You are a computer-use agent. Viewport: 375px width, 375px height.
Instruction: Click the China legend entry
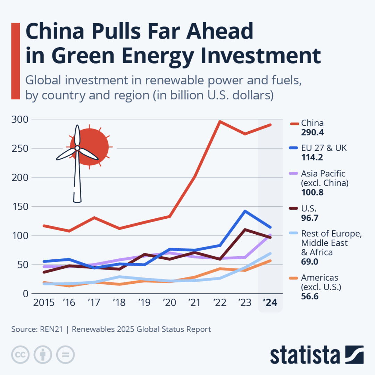tap(312, 123)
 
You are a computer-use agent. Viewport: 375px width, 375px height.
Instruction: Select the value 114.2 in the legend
tap(312, 157)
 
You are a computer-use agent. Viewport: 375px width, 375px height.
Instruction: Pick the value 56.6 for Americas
tap(310, 296)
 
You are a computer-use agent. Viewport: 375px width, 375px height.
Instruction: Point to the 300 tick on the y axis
tap(19, 119)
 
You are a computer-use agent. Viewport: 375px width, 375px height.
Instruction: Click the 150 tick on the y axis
tap(19, 207)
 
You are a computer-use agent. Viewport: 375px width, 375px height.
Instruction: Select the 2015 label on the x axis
tap(43, 303)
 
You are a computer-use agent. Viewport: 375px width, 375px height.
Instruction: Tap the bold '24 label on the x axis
tap(270, 303)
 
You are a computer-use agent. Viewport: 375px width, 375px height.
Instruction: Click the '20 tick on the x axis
tap(169, 303)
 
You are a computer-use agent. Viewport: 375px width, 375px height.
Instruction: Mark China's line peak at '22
tap(220, 122)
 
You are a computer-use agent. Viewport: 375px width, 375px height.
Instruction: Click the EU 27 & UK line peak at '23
tap(245, 211)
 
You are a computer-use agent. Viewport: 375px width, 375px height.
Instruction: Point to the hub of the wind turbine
tap(77, 148)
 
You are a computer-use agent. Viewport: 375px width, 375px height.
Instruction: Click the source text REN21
tap(51, 329)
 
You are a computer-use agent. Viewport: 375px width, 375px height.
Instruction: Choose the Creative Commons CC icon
tap(20, 355)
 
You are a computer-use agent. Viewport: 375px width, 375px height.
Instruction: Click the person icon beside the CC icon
tap(43, 355)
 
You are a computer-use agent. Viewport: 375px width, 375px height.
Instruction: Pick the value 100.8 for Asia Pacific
tap(312, 192)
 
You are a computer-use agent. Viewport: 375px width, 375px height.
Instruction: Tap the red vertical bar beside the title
tap(16, 61)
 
